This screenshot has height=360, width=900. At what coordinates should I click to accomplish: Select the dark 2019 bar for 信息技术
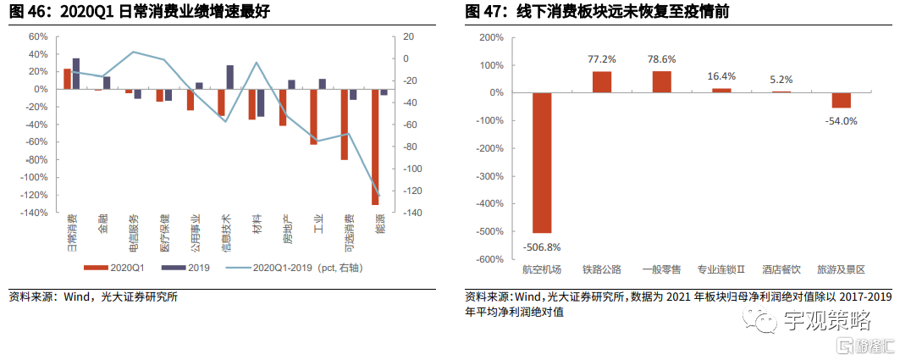(x=229, y=77)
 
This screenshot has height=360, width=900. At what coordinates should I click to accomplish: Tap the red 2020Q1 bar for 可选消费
(x=345, y=124)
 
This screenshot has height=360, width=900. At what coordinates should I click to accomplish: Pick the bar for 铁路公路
(x=602, y=81)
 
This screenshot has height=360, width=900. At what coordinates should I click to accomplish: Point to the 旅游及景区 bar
(x=841, y=100)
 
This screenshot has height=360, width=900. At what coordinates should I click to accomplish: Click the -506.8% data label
(x=541, y=247)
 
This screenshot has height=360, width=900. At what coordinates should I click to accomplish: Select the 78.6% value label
(x=662, y=59)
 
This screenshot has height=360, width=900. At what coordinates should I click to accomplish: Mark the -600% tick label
(x=489, y=259)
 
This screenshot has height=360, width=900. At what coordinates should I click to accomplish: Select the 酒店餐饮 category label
(x=781, y=269)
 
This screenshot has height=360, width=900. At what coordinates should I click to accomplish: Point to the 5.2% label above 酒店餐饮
(x=781, y=80)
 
